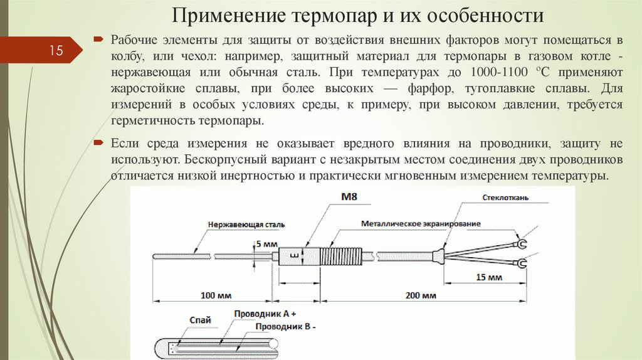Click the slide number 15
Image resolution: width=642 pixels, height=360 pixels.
coord(56,51)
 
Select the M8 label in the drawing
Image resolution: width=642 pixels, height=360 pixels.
coord(349,198)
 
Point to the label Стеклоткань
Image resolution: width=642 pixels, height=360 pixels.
coord(507,198)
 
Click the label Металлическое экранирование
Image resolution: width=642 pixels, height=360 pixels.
coord(421,224)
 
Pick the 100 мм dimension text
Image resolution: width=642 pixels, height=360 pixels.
coord(216,295)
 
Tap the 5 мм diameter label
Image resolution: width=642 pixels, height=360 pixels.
coord(265,243)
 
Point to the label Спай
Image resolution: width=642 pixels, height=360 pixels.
coord(196,319)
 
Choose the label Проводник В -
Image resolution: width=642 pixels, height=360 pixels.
coord(287,327)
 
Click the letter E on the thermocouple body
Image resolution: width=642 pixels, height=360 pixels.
coord(292,255)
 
